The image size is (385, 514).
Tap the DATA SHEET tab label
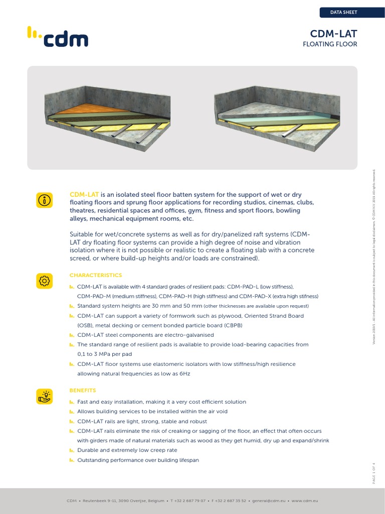(x=343, y=12)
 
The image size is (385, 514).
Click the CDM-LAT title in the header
(x=333, y=34)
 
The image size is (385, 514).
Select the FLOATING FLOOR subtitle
(x=330, y=44)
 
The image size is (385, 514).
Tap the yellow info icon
(x=44, y=200)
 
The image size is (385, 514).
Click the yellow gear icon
(x=44, y=281)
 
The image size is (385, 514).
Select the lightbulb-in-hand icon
(x=44, y=396)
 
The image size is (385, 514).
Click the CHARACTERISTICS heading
(x=95, y=275)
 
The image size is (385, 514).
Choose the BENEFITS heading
(x=82, y=390)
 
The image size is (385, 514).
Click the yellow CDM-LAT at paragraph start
(x=84, y=194)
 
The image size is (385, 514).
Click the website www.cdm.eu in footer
(x=305, y=500)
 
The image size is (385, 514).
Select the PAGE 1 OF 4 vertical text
(x=373, y=472)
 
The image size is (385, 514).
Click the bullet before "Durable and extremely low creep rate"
(x=71, y=451)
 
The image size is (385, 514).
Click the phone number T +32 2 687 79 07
(x=188, y=500)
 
